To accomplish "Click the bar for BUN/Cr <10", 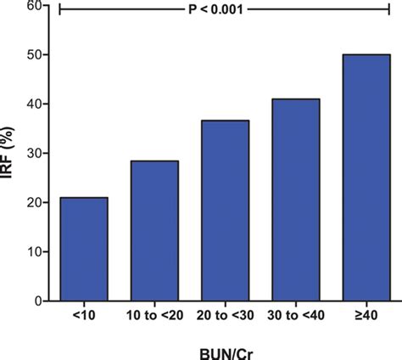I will (83, 249).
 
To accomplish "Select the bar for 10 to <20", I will (154, 230).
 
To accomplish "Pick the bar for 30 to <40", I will (295, 200).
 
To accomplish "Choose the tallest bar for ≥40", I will (366, 177).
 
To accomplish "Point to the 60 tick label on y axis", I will (34, 6).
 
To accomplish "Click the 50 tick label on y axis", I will (34, 55).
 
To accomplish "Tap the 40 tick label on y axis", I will (34, 104).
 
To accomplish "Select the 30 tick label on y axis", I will (34, 154).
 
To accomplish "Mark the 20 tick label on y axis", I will (34, 203).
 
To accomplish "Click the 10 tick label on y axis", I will (34, 252).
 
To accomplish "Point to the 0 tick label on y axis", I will (38, 301).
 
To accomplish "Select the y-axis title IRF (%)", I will (9, 154).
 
